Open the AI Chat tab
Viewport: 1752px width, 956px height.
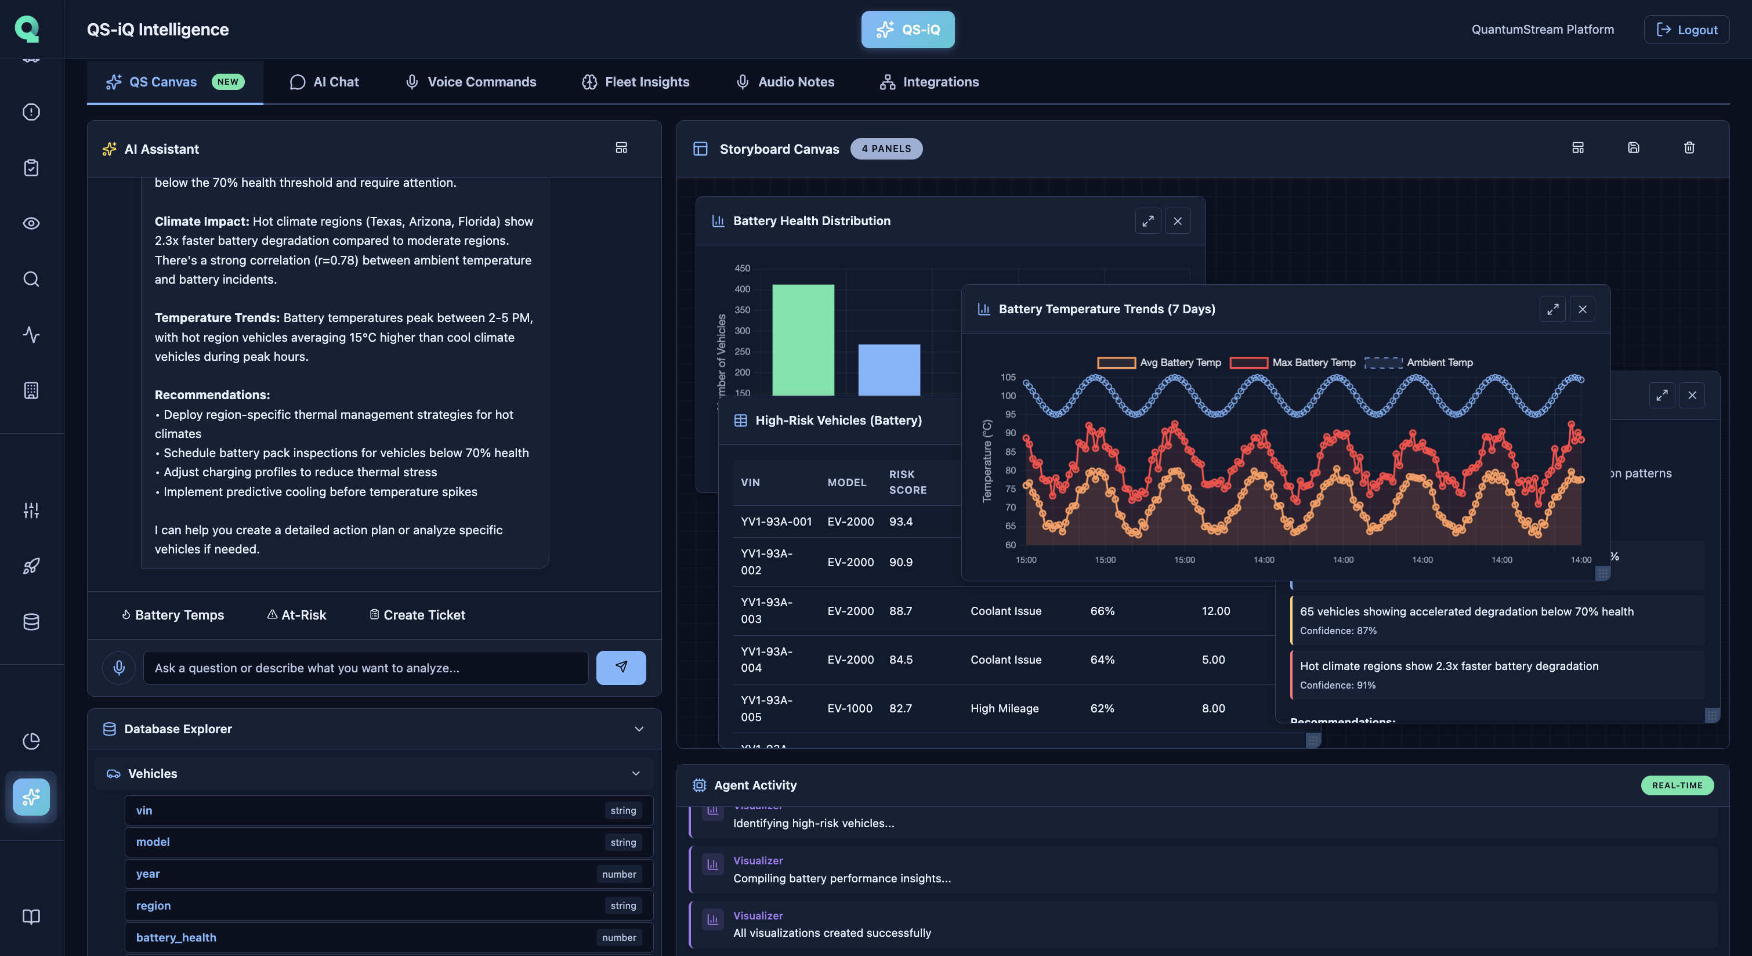(324, 82)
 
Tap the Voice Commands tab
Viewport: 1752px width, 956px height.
(470, 82)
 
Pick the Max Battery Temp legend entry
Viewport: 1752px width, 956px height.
(1292, 363)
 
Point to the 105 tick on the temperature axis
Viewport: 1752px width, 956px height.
(1008, 378)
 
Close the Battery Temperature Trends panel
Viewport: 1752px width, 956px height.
(1583, 309)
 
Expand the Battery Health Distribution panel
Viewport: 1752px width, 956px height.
(1148, 221)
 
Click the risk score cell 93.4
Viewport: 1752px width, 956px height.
(900, 522)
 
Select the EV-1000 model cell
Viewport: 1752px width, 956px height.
(850, 708)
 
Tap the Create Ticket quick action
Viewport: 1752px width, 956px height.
(417, 615)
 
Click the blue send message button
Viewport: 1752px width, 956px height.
(621, 668)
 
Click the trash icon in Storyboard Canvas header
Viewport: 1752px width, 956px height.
(1689, 149)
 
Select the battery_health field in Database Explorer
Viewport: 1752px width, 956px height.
(176, 937)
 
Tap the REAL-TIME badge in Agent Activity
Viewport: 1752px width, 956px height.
(1677, 785)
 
